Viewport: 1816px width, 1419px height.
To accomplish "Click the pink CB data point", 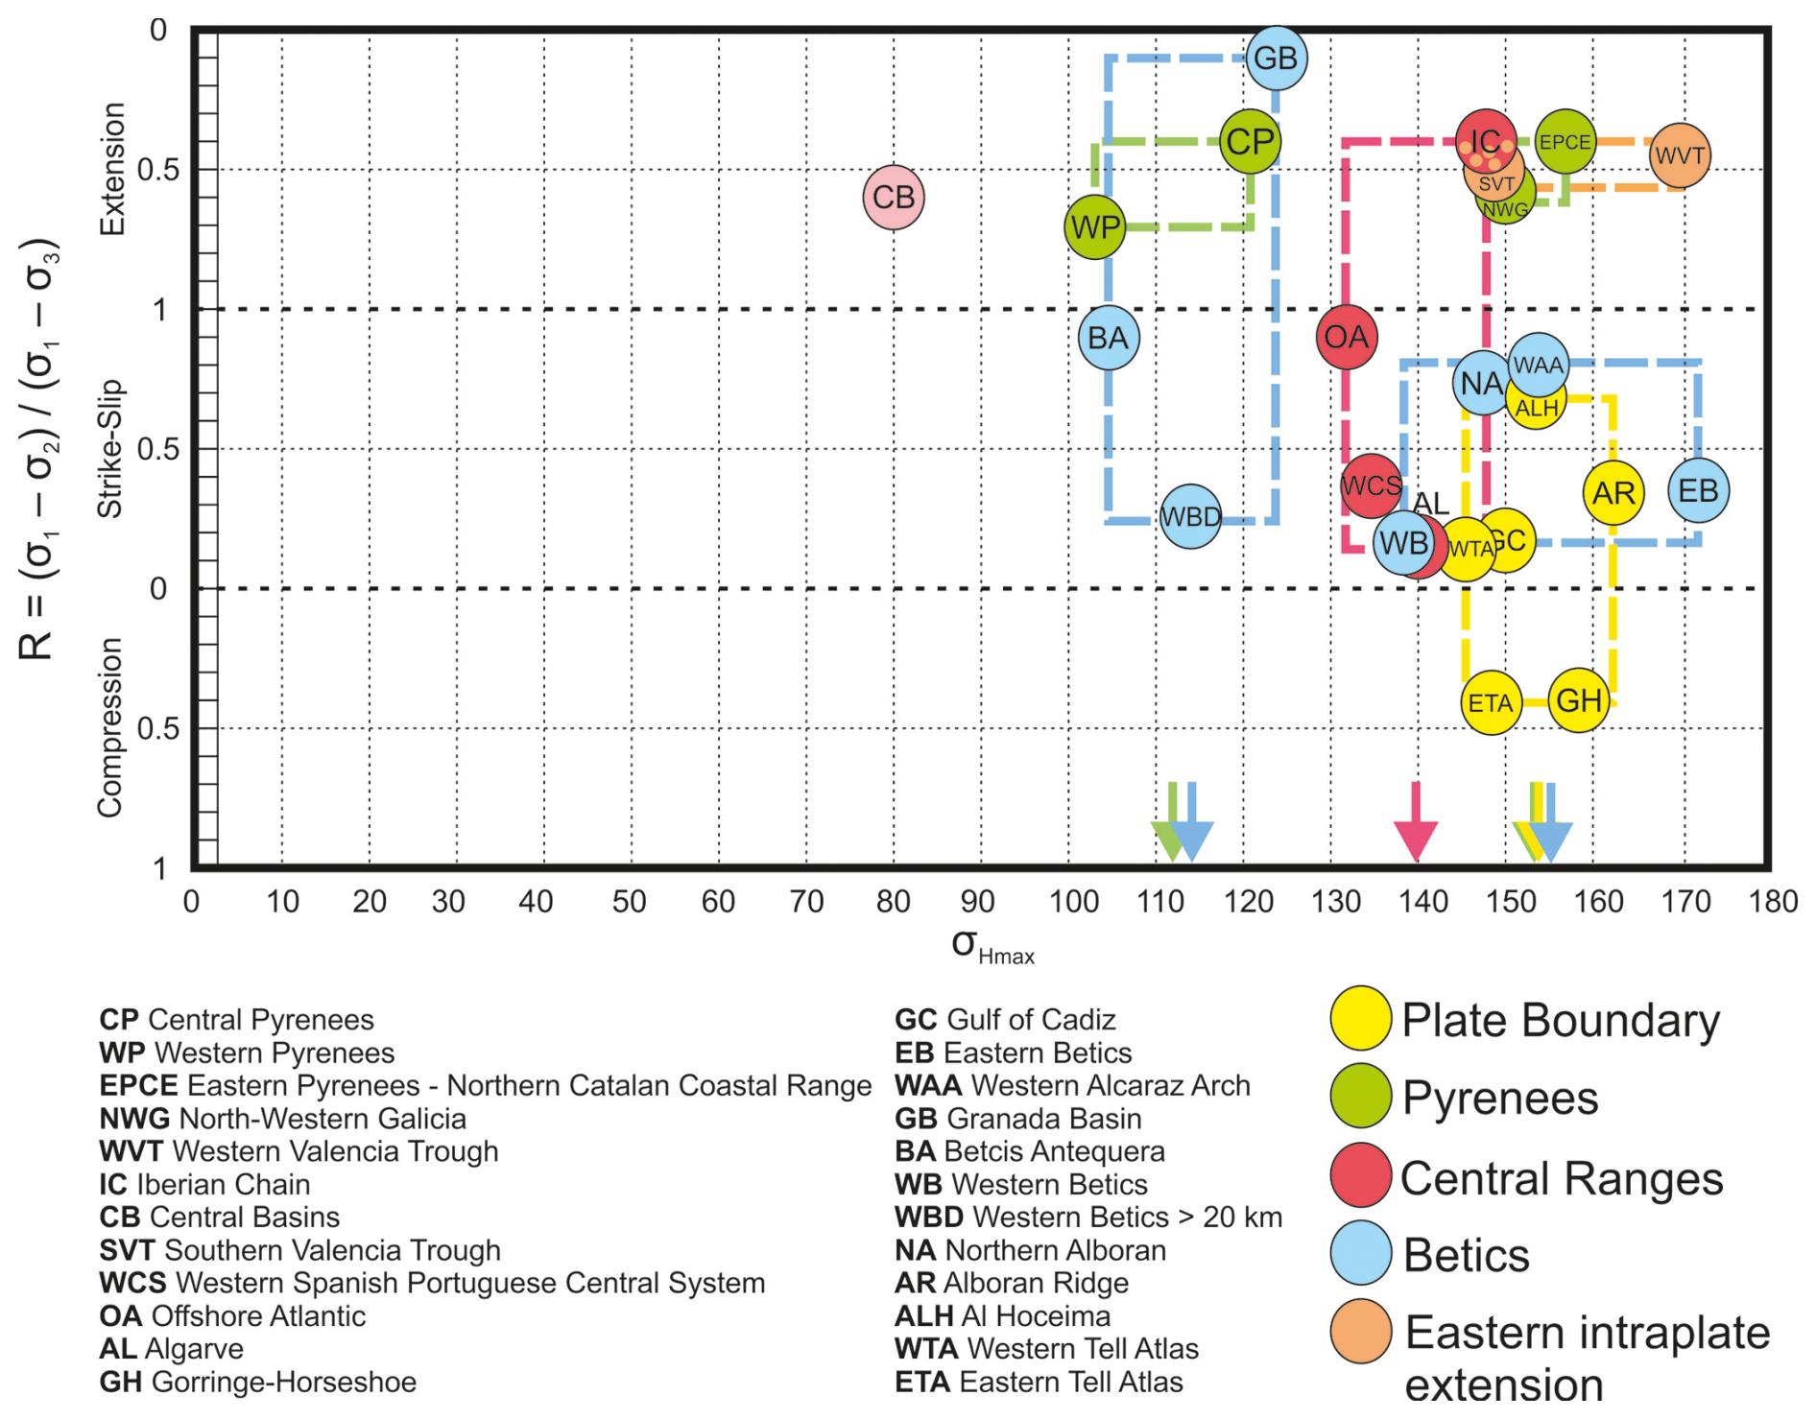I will pos(894,198).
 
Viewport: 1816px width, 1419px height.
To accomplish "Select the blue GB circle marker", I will pos(1276,59).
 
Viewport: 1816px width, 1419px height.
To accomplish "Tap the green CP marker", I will pos(1250,142).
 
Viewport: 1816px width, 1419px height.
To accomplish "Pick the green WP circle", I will pos(1095,227).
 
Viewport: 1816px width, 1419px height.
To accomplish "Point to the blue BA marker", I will pos(1109,338).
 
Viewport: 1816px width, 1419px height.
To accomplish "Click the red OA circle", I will pos(1347,337).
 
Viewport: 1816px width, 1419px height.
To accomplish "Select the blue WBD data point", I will pos(1190,517).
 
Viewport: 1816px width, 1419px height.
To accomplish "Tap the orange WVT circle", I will pos(1680,154).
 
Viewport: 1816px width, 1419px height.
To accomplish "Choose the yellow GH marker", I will pos(1579,701).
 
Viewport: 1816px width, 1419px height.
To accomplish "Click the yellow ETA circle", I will pos(1491,703).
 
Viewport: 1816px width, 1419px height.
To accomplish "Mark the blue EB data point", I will pos(1698,491).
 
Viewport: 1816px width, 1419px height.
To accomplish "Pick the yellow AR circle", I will pos(1613,493).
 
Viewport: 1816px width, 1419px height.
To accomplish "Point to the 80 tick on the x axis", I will pos(893,902).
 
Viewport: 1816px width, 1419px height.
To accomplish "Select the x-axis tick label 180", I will pos(1773,902).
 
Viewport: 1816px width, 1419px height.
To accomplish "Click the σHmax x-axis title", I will pos(992,946).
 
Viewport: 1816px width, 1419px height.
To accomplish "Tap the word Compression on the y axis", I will pos(110,727).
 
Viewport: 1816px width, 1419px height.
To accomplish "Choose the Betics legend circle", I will pos(1360,1253).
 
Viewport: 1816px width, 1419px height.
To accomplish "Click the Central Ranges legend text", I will pos(1561,1178).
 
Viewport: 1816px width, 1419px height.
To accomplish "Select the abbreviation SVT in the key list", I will pos(127,1250).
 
